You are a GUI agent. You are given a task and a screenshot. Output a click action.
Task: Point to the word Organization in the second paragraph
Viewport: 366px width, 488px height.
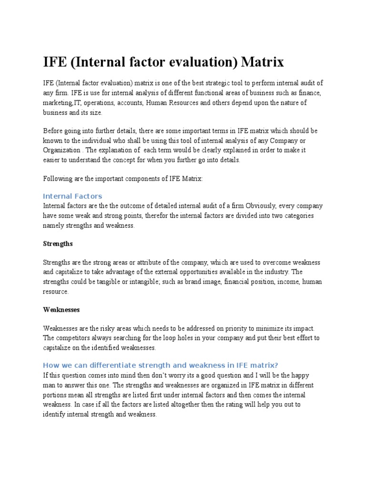tap(61, 150)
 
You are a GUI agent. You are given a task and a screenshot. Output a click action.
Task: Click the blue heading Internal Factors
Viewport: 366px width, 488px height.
tap(72, 196)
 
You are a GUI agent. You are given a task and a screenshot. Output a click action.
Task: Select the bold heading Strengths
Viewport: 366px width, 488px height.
tap(58, 244)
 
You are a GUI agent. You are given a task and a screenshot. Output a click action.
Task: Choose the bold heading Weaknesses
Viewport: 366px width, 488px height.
tap(61, 309)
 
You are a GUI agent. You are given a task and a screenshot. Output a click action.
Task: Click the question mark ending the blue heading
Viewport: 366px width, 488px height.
tap(275, 366)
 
